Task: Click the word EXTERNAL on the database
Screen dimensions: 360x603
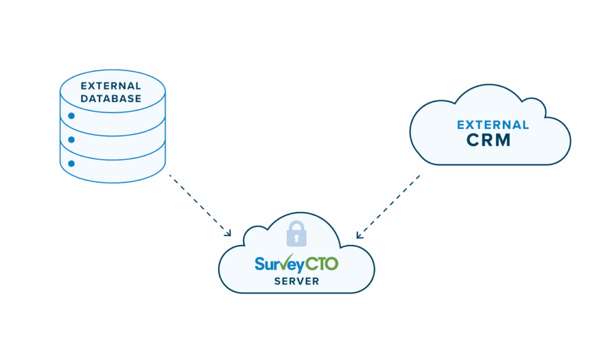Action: (112, 86)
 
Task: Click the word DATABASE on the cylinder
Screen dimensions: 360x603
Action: (112, 98)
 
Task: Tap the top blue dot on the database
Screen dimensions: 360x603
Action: (71, 116)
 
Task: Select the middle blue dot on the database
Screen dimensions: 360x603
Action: (71, 140)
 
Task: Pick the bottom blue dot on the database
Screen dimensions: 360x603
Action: (71, 163)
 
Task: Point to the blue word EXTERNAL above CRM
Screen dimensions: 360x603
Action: (493, 125)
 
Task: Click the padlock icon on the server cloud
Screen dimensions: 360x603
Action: (297, 234)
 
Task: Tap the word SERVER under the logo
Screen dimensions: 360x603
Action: (297, 281)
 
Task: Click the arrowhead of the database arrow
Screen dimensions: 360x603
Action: (228, 235)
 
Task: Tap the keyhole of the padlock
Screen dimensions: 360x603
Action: (297, 237)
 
